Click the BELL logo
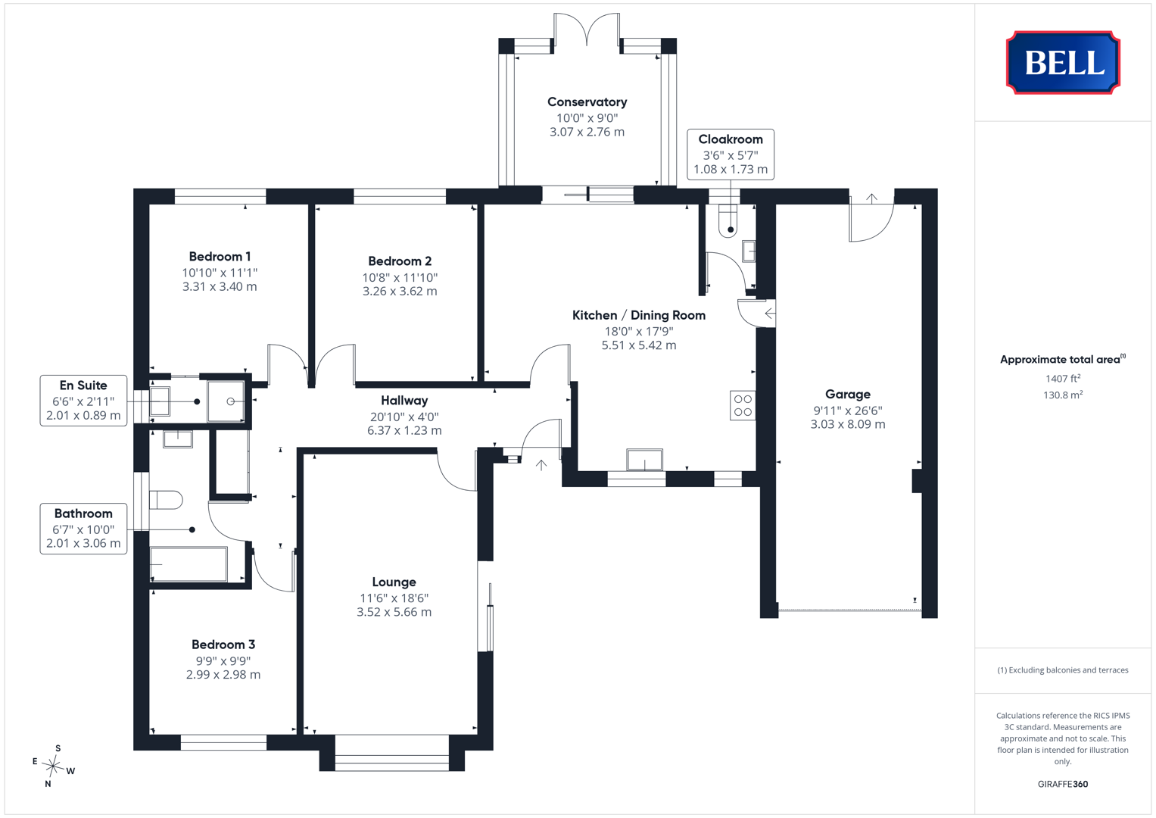pyautogui.click(x=1063, y=62)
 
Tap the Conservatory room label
pyautogui.click(x=587, y=101)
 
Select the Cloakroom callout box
pyautogui.click(x=731, y=155)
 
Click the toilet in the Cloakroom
pyautogui.click(x=728, y=220)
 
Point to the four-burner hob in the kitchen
pyautogui.click(x=743, y=405)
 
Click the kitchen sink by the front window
pyautogui.click(x=644, y=460)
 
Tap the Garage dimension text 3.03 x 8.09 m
pyautogui.click(x=847, y=424)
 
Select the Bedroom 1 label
pyautogui.click(x=220, y=256)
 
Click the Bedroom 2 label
pyautogui.click(x=400, y=261)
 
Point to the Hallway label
pyautogui.click(x=404, y=400)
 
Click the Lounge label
pyautogui.click(x=394, y=582)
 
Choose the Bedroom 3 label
pyautogui.click(x=223, y=644)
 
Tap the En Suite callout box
pyautogui.click(x=83, y=400)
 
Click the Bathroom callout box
pyautogui.click(x=83, y=529)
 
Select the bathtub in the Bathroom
pyautogui.click(x=189, y=564)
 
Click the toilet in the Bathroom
pyautogui.click(x=166, y=500)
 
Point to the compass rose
pyautogui.click(x=53, y=765)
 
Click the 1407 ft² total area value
pyautogui.click(x=1063, y=379)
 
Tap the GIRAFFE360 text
pyautogui.click(x=1063, y=784)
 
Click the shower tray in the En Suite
pyautogui.click(x=226, y=401)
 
